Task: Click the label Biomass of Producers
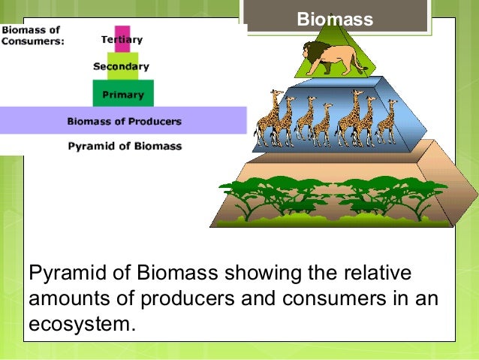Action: pyautogui.click(x=124, y=120)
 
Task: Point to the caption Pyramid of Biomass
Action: pyautogui.click(x=125, y=146)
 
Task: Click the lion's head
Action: pyautogui.click(x=311, y=53)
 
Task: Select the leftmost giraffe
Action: pyautogui.click(x=267, y=120)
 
